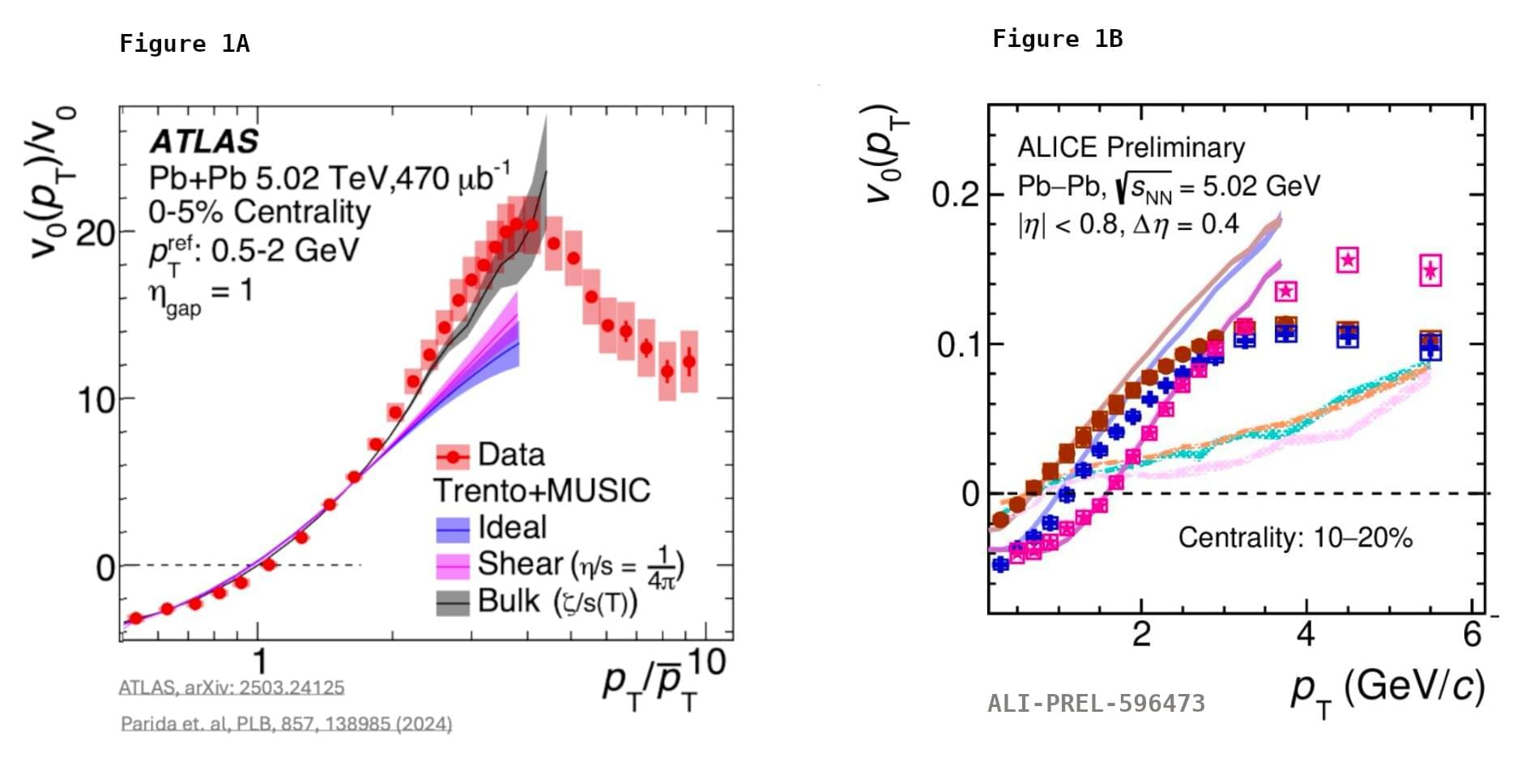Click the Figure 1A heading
click(184, 44)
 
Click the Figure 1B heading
click(1057, 39)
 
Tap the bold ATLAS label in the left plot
click(204, 142)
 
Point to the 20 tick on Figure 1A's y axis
click(96, 234)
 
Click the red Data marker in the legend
click(453, 457)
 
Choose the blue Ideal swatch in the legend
click(453, 529)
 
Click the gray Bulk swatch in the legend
click(453, 602)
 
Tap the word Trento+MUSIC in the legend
click(542, 491)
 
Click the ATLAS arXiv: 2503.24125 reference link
click(232, 688)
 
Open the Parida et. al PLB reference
click(286, 723)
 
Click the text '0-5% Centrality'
click(259, 212)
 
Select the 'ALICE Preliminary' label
click(1131, 147)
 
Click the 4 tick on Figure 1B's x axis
click(1306, 633)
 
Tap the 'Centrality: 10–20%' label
click(1295, 537)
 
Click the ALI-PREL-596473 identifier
click(1096, 703)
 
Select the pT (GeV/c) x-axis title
click(1387, 689)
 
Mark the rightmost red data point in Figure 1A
click(689, 361)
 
